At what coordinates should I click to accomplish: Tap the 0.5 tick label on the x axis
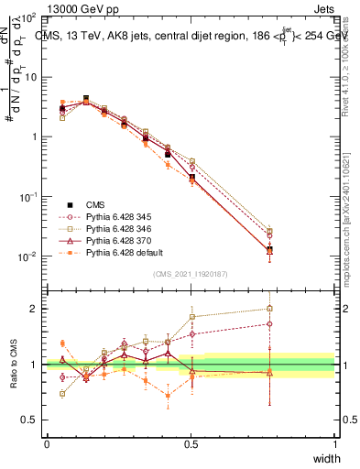[191, 443]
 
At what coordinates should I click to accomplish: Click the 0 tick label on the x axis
[47, 443]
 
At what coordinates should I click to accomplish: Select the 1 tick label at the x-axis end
[334, 443]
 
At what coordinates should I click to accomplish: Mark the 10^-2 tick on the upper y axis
[31, 256]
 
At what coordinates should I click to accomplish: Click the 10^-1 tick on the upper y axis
[31, 197]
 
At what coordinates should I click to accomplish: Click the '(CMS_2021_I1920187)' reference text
[191, 275]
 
